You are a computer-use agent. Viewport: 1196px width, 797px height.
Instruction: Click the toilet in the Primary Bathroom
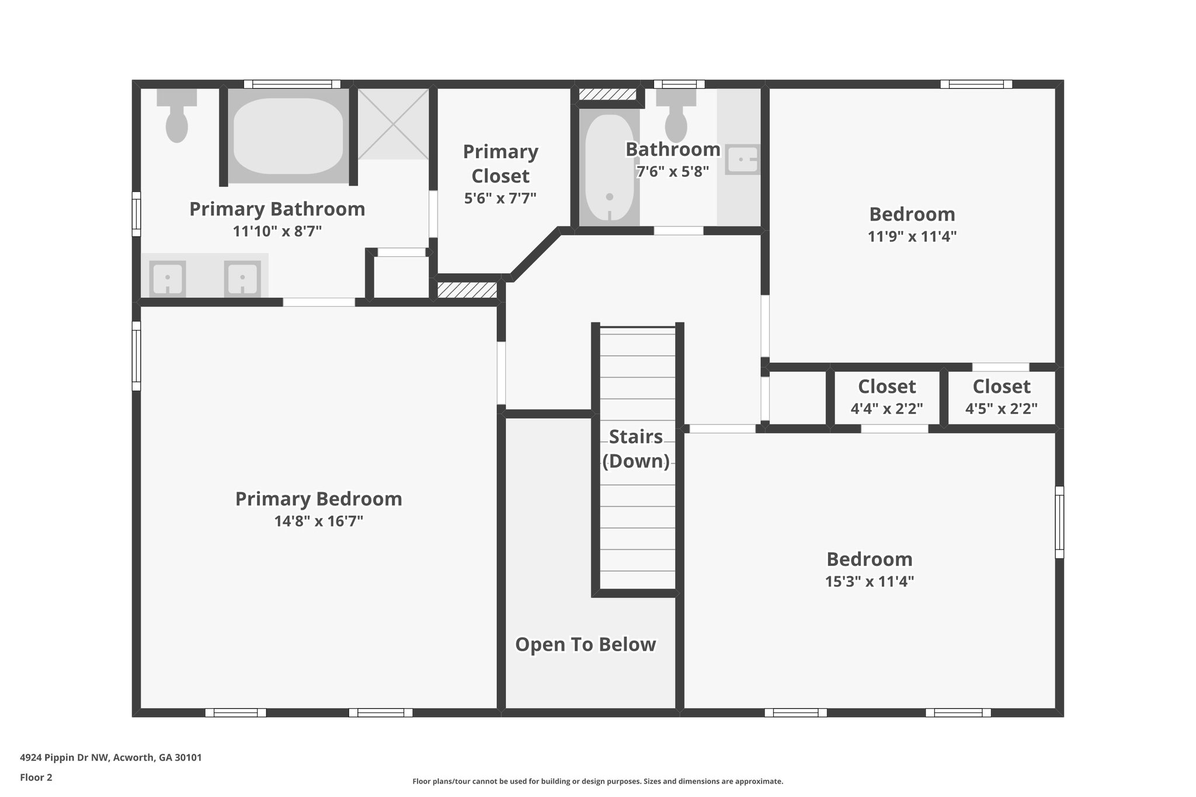tap(176, 120)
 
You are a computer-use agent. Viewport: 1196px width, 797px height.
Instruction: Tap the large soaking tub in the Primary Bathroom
tap(288, 135)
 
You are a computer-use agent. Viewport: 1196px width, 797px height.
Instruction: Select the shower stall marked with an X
tap(393, 124)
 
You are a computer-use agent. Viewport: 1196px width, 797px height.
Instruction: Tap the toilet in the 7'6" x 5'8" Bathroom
tap(676, 120)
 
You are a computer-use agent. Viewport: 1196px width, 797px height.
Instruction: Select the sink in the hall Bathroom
tap(742, 159)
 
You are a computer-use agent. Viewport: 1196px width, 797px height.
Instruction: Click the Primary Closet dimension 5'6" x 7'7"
tap(500, 199)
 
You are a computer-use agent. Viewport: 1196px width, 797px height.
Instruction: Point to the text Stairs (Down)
tap(635, 449)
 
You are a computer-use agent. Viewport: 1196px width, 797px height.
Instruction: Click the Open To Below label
tap(585, 645)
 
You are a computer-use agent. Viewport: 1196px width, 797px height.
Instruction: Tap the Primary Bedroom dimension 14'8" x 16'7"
tap(319, 521)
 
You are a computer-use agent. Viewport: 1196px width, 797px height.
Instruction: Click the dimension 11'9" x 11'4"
tap(912, 236)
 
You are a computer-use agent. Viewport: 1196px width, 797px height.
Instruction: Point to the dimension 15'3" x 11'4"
tap(869, 582)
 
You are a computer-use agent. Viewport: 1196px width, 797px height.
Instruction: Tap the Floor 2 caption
tap(36, 778)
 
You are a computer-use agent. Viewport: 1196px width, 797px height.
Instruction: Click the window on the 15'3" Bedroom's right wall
tap(1059, 522)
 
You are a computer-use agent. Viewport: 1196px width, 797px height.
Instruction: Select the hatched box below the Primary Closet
tap(467, 290)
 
